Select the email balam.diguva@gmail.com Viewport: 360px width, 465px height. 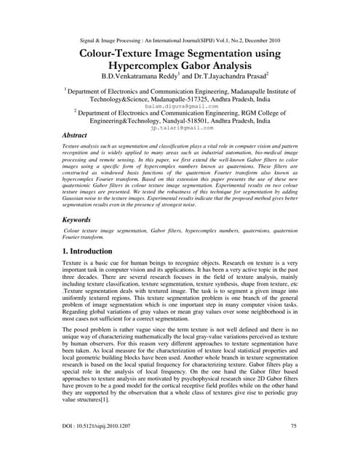click(180, 105)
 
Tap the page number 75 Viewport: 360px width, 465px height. click(293, 444)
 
